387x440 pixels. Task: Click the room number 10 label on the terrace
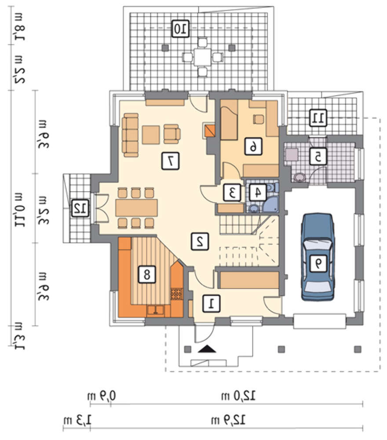point(180,29)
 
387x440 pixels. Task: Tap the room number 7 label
point(170,161)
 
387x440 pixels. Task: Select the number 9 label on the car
point(318,264)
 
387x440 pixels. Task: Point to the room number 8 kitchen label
point(147,274)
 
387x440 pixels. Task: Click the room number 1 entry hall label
point(212,303)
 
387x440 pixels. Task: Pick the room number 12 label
point(80,208)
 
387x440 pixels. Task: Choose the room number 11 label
point(318,117)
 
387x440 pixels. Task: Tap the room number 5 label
point(318,156)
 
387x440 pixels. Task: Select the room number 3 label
point(232,193)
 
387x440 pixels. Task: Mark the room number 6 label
point(253,146)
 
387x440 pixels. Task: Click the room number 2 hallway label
point(200,241)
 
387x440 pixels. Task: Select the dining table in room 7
point(137,208)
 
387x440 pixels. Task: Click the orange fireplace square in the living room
point(210,131)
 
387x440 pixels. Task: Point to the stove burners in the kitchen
point(177,294)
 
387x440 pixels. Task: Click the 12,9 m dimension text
point(228,420)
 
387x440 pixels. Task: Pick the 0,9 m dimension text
point(101,396)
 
